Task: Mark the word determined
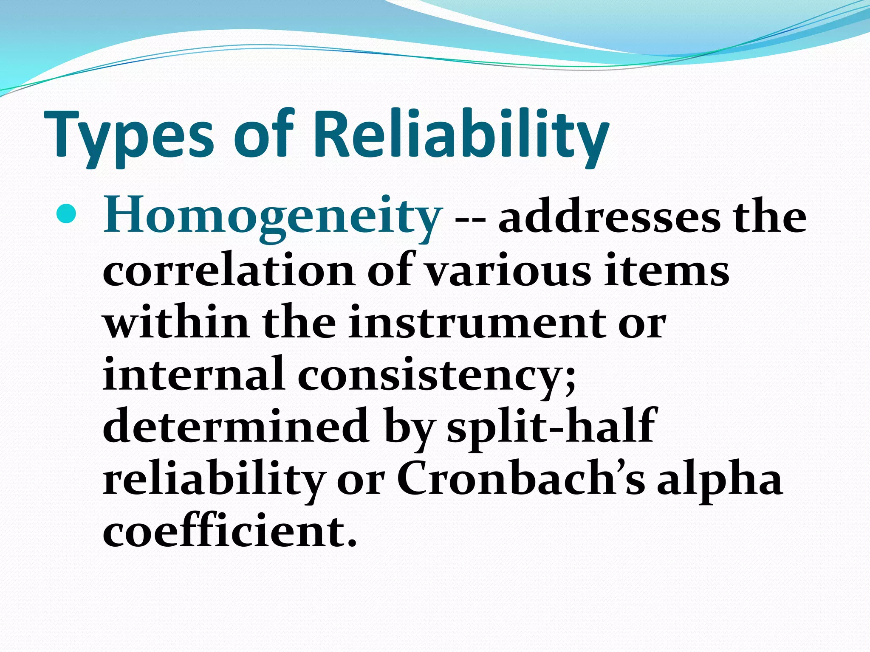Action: (236, 427)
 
